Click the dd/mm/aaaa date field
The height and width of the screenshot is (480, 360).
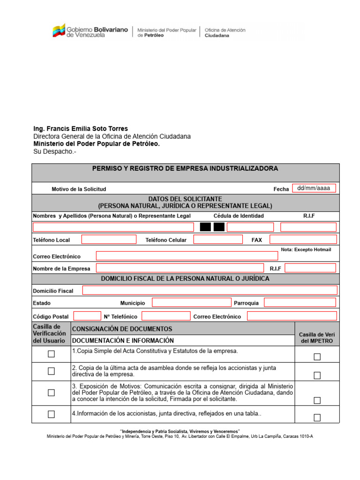[314, 188]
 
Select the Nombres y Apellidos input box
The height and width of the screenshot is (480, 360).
[113, 227]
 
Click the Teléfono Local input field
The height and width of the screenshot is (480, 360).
[109, 240]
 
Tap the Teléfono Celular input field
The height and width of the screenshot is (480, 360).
[217, 240]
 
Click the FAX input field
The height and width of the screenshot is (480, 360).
[303, 240]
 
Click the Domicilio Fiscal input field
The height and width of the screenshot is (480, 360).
[210, 291]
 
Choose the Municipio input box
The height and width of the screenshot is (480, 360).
[191, 303]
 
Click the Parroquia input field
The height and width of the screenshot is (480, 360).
[300, 303]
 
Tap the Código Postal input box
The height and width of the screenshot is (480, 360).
[87, 316]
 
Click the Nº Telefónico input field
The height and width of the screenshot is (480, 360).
[166, 316]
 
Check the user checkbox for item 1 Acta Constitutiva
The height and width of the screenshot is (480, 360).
[51, 354]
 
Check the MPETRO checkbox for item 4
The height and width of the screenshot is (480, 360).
[317, 418]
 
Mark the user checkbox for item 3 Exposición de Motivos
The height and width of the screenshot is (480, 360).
[51, 393]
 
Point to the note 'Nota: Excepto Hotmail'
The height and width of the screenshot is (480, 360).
[306, 250]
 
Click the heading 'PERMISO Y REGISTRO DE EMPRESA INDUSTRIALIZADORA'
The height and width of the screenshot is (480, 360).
[185, 168]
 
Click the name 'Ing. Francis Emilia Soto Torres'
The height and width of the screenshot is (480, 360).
[80, 128]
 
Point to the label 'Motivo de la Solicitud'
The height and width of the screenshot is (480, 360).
[79, 189]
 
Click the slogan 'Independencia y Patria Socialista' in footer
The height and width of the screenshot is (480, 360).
[180, 431]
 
